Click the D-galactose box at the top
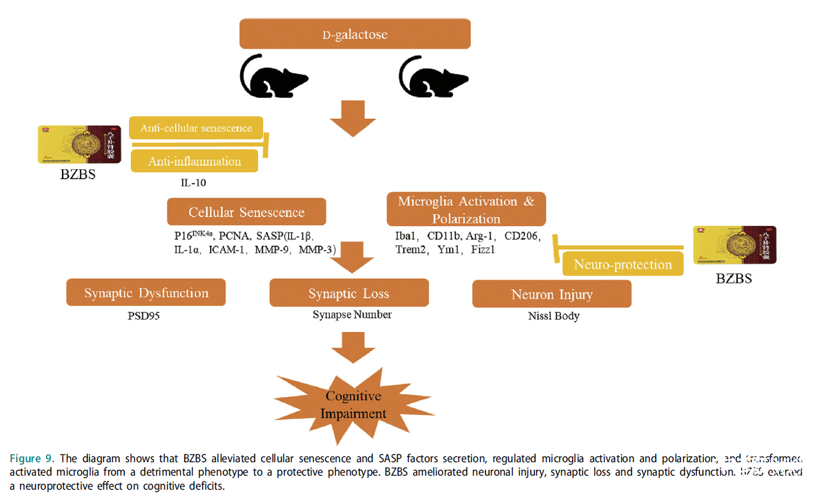click(354, 34)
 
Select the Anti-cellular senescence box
click(196, 128)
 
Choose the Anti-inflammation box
click(195, 162)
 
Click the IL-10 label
click(193, 183)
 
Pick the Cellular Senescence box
click(247, 211)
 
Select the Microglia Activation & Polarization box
click(466, 209)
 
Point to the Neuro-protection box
click(623, 264)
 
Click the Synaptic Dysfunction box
click(146, 293)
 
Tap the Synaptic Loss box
click(349, 294)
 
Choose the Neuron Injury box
click(552, 294)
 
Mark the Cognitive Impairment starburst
click(353, 405)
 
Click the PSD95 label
click(144, 315)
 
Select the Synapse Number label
click(352, 315)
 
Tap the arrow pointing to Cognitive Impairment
click(353, 347)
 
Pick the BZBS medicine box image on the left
click(79, 144)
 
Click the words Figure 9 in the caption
click(32, 458)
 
